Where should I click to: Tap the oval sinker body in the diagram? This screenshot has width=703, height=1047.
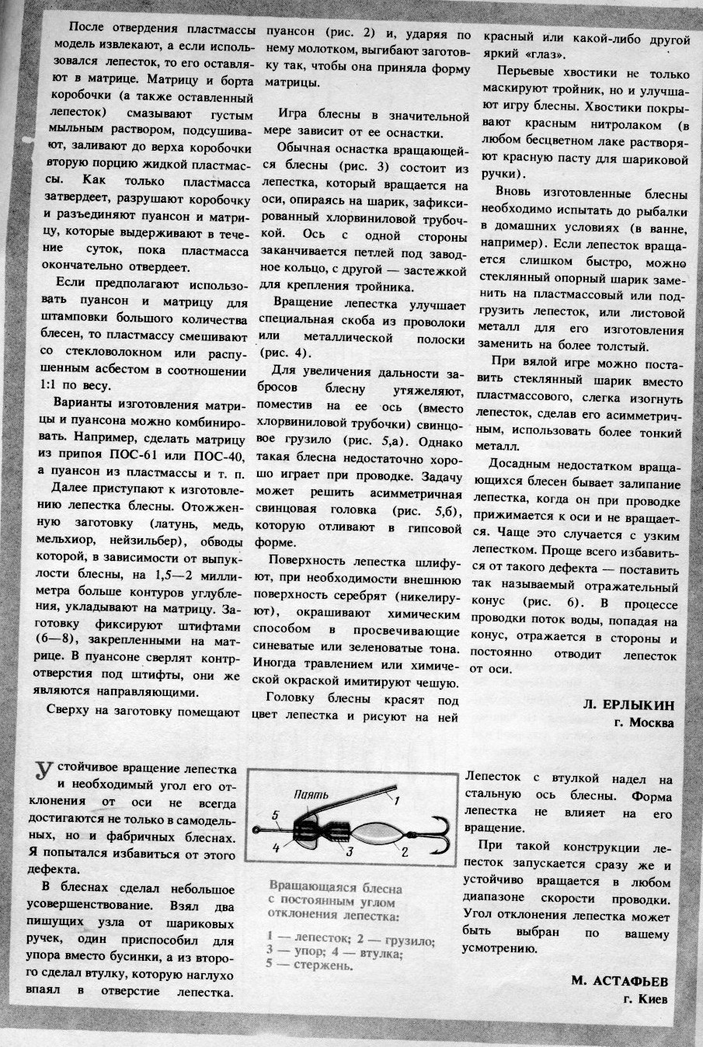click(x=378, y=833)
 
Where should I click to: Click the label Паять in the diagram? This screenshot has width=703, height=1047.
click(x=313, y=795)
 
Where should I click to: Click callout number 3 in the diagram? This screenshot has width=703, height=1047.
click(x=350, y=852)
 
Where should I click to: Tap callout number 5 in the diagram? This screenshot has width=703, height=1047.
click(x=274, y=814)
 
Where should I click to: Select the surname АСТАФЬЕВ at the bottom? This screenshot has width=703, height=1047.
click(x=620, y=979)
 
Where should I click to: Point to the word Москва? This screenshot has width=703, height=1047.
click(x=649, y=722)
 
